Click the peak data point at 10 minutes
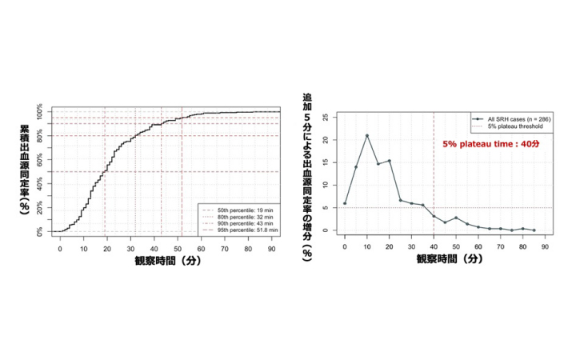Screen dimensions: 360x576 coord(367,135)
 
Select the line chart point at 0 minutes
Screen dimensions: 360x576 coord(345,203)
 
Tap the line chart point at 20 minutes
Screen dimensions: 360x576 coord(390,161)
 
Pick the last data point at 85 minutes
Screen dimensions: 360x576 coord(534,230)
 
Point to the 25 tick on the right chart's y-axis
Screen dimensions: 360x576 coord(325,117)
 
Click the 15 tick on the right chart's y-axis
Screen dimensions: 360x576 coord(325,162)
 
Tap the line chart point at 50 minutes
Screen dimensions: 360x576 coord(456,218)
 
